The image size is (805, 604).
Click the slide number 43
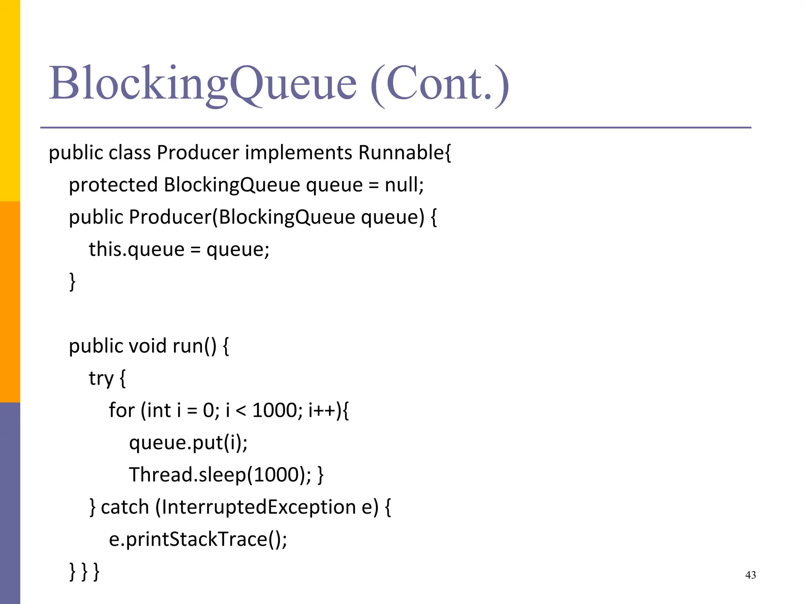point(750,575)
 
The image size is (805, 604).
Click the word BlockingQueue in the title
point(202,83)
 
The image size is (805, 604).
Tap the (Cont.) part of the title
point(439,83)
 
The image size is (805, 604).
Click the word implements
point(298,153)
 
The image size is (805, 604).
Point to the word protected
point(113,185)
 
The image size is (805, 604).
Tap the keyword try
point(101,378)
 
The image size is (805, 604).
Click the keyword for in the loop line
point(121,410)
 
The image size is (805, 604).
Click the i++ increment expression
point(322,410)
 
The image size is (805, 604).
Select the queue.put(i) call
point(188,443)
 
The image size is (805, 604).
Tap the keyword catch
point(125,507)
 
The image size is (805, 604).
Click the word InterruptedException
point(259,507)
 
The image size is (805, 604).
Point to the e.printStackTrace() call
point(198,539)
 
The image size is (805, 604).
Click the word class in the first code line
point(130,153)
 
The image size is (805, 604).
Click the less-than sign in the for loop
point(241,411)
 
